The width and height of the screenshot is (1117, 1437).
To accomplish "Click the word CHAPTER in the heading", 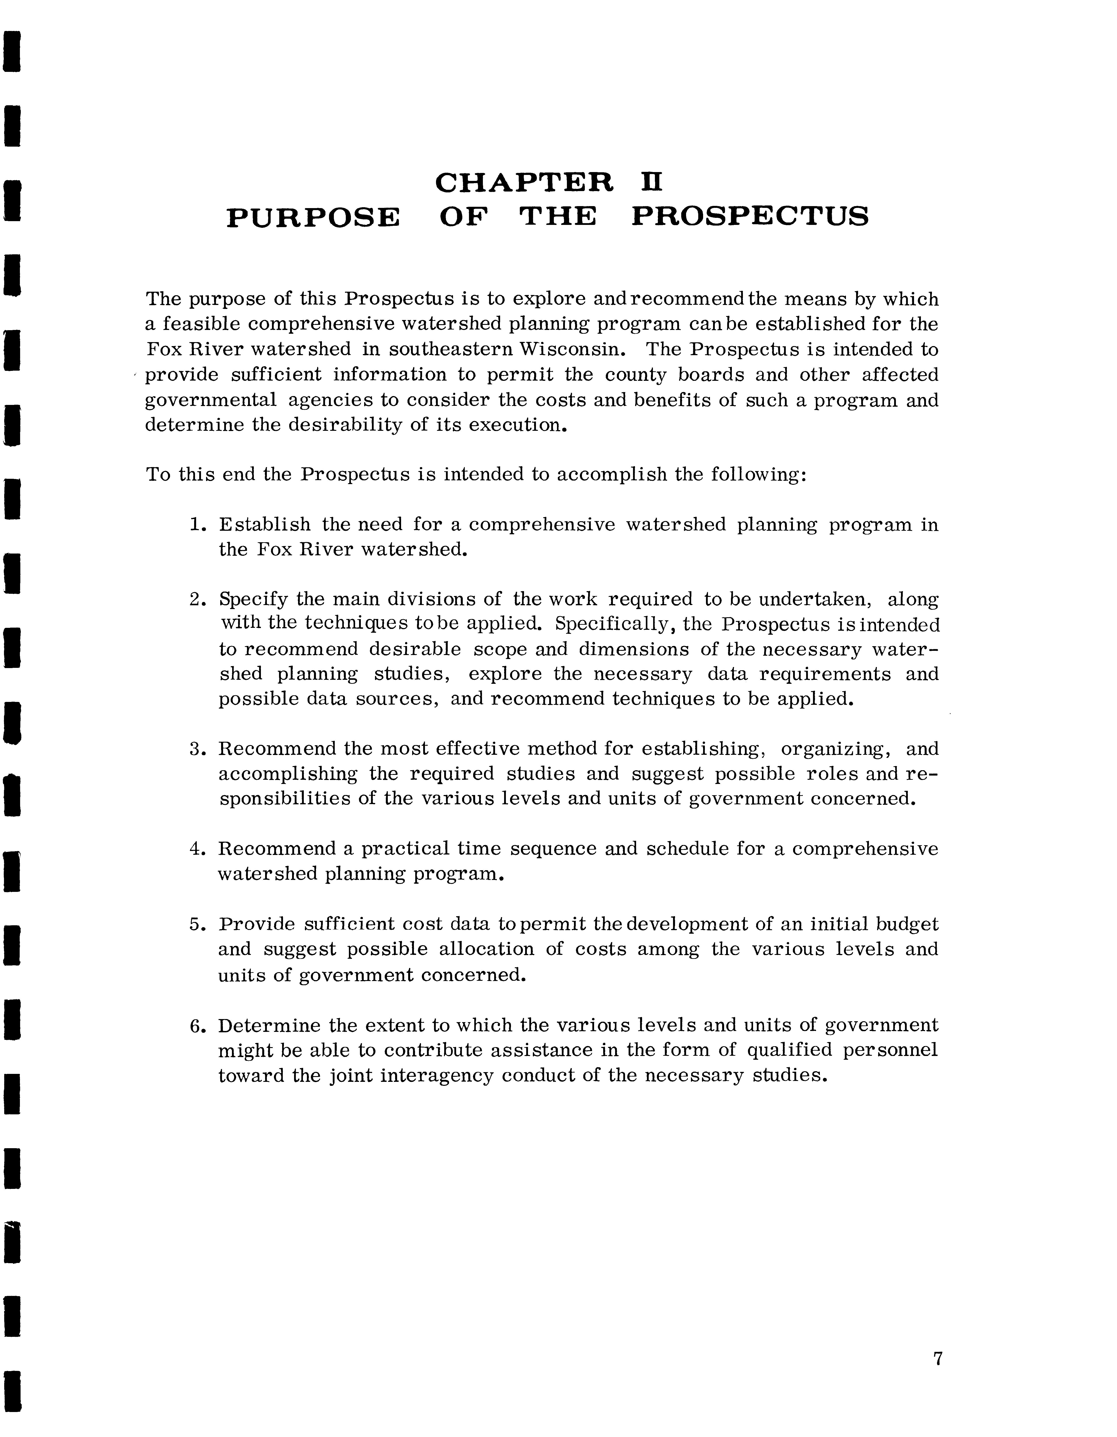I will tap(524, 183).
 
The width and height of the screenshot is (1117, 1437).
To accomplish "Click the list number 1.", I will tap(195, 525).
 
